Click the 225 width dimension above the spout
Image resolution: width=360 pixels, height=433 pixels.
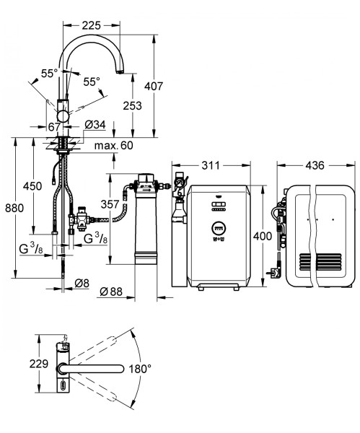point(92,25)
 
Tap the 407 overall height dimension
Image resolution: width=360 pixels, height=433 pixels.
point(154,86)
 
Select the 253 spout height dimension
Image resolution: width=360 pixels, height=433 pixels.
point(132,105)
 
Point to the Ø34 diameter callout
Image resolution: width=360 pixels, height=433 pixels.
point(95,125)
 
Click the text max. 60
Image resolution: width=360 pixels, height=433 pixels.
point(113,145)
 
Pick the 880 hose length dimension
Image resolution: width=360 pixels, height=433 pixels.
point(14,208)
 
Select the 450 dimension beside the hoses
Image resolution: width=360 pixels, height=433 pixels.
point(32,186)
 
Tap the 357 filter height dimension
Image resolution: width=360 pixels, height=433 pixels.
point(110,204)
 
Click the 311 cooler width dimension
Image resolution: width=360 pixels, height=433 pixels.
point(211,165)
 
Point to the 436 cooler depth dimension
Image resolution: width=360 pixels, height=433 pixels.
point(315,165)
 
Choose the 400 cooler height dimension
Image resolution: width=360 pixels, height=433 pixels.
point(263,236)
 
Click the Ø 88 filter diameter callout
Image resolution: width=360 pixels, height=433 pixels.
point(111,292)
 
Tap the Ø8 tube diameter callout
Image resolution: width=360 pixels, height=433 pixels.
point(82,283)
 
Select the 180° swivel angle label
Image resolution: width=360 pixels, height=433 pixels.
point(140,368)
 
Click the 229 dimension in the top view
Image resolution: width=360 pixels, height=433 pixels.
point(39,364)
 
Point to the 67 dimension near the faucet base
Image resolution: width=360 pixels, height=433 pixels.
point(54,127)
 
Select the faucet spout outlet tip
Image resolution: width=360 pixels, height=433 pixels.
point(120,72)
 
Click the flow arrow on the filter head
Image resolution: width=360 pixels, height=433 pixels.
point(145,191)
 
